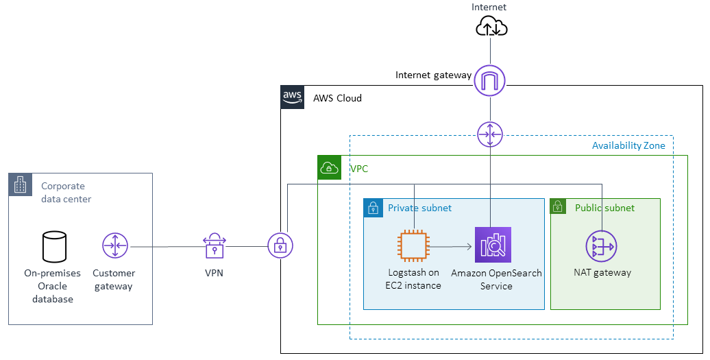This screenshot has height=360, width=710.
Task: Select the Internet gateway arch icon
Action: (490, 80)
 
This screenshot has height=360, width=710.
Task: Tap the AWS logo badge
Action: (293, 97)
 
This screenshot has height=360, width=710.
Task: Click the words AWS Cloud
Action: (337, 98)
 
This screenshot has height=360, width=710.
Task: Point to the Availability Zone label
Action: (628, 145)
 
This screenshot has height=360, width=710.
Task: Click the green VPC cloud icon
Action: (330, 168)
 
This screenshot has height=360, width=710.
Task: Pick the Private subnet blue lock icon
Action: (374, 208)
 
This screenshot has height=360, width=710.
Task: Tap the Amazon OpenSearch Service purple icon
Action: (493, 245)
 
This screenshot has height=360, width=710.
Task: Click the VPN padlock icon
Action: (215, 245)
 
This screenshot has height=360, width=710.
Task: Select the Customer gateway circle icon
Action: (115, 245)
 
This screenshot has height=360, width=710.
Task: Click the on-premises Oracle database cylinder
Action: (55, 247)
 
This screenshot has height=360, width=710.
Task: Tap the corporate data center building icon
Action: (21, 184)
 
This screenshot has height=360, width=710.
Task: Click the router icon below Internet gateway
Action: (490, 134)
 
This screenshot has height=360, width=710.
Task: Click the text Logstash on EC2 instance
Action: (413, 279)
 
